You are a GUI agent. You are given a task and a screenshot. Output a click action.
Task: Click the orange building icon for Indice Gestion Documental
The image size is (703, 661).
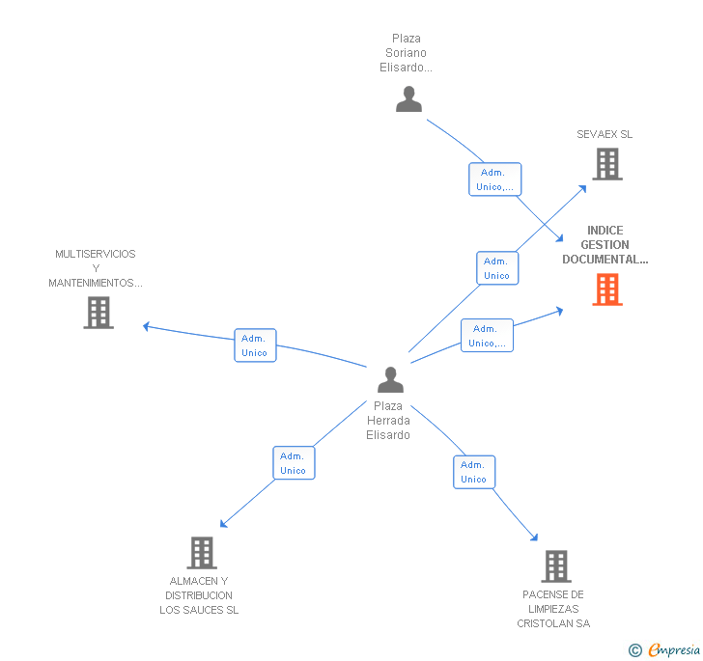click(x=606, y=289)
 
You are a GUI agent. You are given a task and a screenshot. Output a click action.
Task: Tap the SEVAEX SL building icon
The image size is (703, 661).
click(x=606, y=164)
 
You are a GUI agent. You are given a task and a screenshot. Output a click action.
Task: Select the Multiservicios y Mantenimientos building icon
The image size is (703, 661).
click(x=98, y=312)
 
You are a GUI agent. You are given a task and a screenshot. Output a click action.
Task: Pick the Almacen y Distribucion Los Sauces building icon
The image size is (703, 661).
click(x=201, y=553)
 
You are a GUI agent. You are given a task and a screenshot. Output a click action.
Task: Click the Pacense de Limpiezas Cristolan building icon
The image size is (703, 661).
click(x=555, y=565)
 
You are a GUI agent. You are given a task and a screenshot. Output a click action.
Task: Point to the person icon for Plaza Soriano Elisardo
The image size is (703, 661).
click(x=408, y=99)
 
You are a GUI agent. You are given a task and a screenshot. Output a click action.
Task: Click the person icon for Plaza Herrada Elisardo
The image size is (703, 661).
click(x=390, y=380)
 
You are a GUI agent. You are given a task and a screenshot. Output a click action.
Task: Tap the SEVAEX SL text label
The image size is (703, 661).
click(x=605, y=134)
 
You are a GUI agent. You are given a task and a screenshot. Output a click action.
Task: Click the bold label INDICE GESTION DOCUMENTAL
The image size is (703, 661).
click(x=605, y=245)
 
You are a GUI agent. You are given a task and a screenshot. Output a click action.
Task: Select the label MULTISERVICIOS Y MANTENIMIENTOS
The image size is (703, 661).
click(x=96, y=268)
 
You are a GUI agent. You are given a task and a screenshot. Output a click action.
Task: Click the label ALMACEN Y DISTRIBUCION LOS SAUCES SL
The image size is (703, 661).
click(x=199, y=595)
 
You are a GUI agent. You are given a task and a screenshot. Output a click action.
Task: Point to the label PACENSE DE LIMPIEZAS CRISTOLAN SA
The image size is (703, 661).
click(x=552, y=609)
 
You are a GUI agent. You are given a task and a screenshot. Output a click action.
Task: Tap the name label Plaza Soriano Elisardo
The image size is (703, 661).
click(x=406, y=53)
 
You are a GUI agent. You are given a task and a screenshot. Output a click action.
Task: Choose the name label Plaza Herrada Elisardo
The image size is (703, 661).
click(x=388, y=421)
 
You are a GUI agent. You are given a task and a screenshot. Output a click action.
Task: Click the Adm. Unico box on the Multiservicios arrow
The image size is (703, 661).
click(x=255, y=345)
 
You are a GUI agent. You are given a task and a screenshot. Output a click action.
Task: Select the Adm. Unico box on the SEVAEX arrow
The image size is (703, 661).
click(x=496, y=268)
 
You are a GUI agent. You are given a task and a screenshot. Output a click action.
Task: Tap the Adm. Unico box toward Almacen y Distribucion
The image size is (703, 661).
click(x=294, y=463)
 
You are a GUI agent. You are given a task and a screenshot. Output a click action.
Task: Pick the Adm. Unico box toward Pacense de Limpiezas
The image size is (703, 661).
click(x=473, y=472)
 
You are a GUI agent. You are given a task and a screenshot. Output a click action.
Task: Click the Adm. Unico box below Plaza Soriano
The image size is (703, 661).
click(x=494, y=179)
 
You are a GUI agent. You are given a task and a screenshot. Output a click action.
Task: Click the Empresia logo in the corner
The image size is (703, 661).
click(x=665, y=649)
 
